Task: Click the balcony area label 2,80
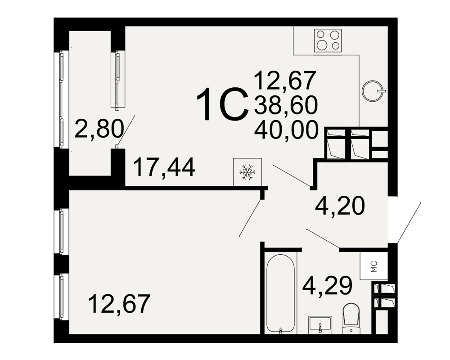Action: click(x=99, y=129)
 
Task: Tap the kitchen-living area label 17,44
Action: click(x=164, y=167)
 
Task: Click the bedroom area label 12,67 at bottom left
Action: click(x=119, y=303)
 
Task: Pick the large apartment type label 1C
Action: click(x=222, y=104)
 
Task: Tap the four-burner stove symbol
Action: click(x=328, y=40)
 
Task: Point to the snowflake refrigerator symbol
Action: click(x=247, y=172)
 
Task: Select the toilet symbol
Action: click(x=351, y=318)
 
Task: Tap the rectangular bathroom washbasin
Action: click(x=320, y=325)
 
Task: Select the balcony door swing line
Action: click(x=126, y=130)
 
